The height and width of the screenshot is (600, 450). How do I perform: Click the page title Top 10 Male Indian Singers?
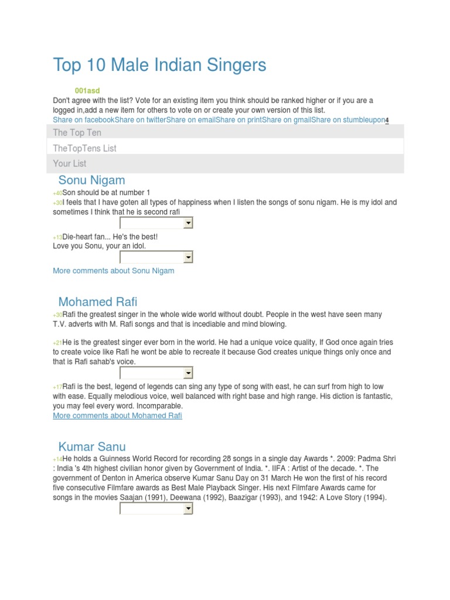[x=159, y=65]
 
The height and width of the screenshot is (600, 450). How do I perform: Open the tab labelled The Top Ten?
[x=77, y=132]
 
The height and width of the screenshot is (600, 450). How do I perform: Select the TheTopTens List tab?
[x=84, y=148]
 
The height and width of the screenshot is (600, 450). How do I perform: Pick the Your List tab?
[x=70, y=163]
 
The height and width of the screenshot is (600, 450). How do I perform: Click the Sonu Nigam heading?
[x=91, y=180]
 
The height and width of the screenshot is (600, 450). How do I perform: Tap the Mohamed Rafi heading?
[x=98, y=302]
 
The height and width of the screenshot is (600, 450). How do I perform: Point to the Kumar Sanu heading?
[x=92, y=447]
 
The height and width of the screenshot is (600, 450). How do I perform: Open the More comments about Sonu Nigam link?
[x=113, y=271]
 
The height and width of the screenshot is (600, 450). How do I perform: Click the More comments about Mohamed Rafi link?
[x=117, y=415]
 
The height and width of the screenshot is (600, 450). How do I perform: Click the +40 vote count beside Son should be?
[x=57, y=193]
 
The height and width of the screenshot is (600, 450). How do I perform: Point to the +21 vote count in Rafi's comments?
[x=57, y=343]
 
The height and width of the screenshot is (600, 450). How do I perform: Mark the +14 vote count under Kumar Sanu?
[x=57, y=459]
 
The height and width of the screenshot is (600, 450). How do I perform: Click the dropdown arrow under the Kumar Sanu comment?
[x=187, y=509]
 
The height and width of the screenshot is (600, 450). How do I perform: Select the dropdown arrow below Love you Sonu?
[x=187, y=257]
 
